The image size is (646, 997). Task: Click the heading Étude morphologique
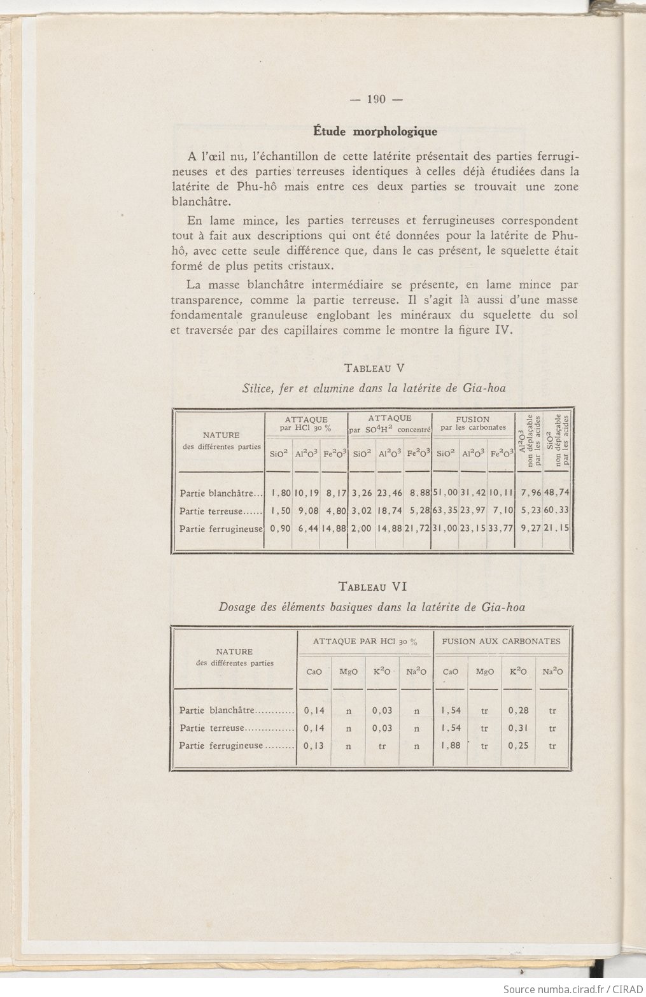pos(376,132)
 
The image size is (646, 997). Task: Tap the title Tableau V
pos(374,368)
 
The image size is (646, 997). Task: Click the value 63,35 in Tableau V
pos(445,511)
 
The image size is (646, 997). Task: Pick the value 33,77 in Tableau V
pos(500,528)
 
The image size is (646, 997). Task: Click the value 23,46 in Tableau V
pos(390,492)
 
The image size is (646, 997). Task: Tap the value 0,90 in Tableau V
pos(278,528)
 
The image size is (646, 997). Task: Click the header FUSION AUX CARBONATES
pos(502,641)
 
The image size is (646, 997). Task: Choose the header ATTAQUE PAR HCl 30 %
pos(365,641)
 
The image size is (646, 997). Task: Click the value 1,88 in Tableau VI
pos(451,746)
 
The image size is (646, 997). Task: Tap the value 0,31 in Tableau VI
pos(519,728)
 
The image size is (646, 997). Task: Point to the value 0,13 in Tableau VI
pos(314,746)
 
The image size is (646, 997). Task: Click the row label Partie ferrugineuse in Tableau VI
pos(221,746)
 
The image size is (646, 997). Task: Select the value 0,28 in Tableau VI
pos(519,710)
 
